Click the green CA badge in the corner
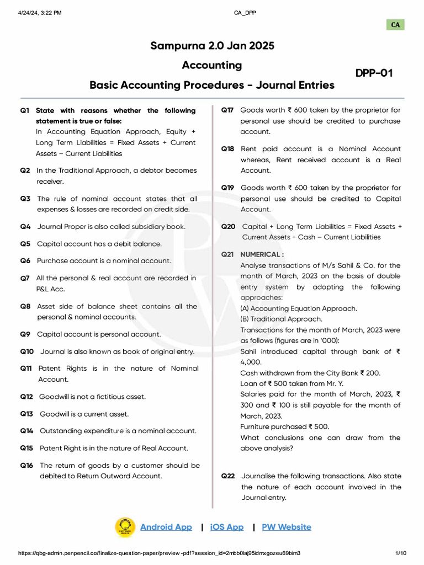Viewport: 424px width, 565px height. [x=395, y=25]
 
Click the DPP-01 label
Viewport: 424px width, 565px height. [x=374, y=73]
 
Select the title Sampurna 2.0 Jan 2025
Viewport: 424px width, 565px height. [x=212, y=45]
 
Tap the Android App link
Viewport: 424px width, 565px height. [x=166, y=527]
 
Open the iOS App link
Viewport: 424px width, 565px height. [x=226, y=527]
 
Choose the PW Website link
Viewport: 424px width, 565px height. [x=286, y=527]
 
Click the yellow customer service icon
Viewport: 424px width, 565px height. [x=125, y=527]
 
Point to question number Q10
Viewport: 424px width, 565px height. [x=27, y=351]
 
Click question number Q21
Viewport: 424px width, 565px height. [x=228, y=254]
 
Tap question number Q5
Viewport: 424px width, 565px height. [x=25, y=244]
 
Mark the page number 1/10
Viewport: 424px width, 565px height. [x=401, y=553]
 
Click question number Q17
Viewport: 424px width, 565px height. [x=227, y=110]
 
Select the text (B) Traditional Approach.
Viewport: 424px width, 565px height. [x=282, y=319]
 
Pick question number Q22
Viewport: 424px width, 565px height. [x=228, y=476]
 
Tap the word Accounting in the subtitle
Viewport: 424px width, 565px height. [x=212, y=65]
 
